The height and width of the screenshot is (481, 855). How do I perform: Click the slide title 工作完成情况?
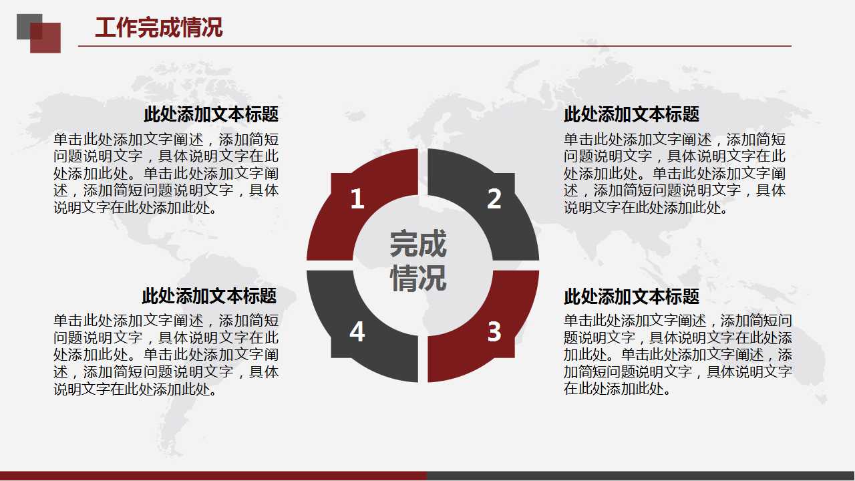tap(159, 28)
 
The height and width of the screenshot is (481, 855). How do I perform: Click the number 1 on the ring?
tap(357, 199)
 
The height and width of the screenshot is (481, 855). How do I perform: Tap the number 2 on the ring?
tap(494, 199)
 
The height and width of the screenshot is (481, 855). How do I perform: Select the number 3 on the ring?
tap(494, 331)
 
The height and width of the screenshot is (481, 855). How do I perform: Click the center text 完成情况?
tap(418, 261)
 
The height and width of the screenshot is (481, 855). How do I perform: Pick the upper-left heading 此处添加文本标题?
tap(210, 114)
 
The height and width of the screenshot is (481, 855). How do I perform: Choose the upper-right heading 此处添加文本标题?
tap(631, 114)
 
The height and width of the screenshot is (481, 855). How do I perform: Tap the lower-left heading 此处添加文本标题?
tap(209, 295)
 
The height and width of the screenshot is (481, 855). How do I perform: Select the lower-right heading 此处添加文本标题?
tap(631, 296)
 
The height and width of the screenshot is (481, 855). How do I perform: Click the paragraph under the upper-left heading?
tap(166, 174)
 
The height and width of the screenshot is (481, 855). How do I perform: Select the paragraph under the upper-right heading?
tap(675, 174)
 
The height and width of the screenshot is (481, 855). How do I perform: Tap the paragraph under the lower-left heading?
tap(166, 355)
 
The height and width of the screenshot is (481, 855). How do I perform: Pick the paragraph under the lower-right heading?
tap(678, 355)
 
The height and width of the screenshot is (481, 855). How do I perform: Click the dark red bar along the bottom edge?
tap(214, 476)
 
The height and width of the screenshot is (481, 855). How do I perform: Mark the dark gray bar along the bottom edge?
tap(641, 476)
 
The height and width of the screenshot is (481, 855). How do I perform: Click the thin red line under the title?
tap(434, 46)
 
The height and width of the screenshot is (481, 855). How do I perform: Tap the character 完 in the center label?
tap(404, 245)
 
